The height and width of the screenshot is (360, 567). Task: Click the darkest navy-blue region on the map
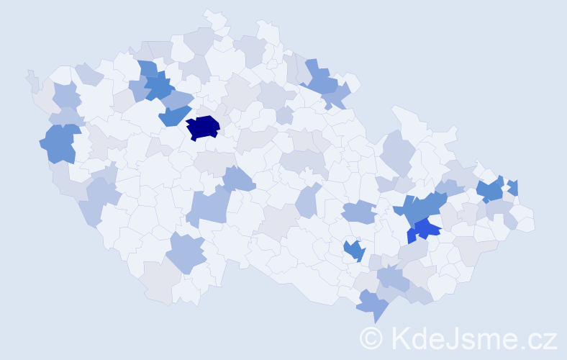pos(203,127)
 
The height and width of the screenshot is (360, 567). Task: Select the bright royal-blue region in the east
pos(425,230)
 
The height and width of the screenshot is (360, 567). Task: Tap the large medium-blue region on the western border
pos(60,143)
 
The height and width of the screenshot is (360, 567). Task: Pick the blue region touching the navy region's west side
pos(173,115)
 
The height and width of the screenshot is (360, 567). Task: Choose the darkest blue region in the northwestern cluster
pos(160,88)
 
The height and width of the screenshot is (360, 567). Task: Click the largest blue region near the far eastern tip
pos(491,190)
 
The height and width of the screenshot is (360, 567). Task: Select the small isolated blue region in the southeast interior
pos(353,251)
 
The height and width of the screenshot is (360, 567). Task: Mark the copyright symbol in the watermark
pos(371,338)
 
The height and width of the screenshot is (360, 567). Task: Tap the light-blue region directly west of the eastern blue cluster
pos(358,212)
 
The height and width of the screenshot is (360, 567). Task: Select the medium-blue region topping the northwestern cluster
pos(148,69)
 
